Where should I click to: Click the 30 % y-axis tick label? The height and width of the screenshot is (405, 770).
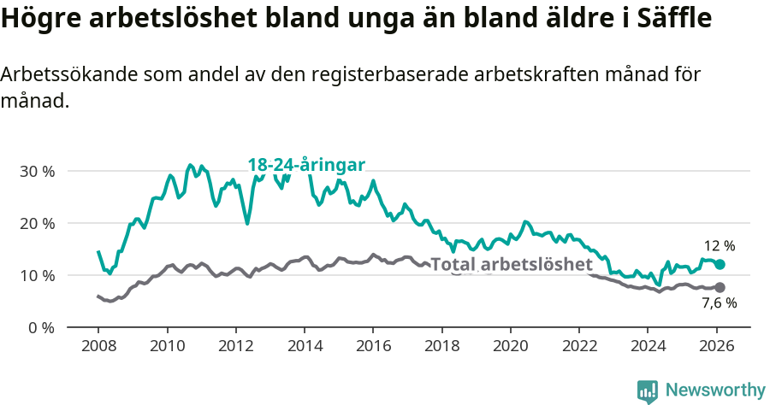37,171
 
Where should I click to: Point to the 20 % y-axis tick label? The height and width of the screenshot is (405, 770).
37,223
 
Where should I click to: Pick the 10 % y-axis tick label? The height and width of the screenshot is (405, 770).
37,275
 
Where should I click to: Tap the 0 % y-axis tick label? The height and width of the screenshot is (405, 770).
41,327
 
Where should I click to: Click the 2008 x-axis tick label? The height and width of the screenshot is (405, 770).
98,346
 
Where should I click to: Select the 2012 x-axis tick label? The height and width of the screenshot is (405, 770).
235,346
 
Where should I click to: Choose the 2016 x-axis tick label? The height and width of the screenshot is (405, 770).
373,346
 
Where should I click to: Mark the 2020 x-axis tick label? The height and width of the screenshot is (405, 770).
510,346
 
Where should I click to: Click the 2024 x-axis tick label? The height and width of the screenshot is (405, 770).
647,346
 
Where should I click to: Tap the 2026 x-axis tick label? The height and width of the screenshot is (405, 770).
716,346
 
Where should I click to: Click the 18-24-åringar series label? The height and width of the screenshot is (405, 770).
307,165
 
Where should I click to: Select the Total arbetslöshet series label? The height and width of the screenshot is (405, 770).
512,264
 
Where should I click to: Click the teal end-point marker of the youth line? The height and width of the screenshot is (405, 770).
720,265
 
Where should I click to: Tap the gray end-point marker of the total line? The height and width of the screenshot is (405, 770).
720,288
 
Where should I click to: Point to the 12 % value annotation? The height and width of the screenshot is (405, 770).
720,245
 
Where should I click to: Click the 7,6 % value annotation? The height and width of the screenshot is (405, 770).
720,304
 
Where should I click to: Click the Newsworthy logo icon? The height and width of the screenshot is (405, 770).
648,390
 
